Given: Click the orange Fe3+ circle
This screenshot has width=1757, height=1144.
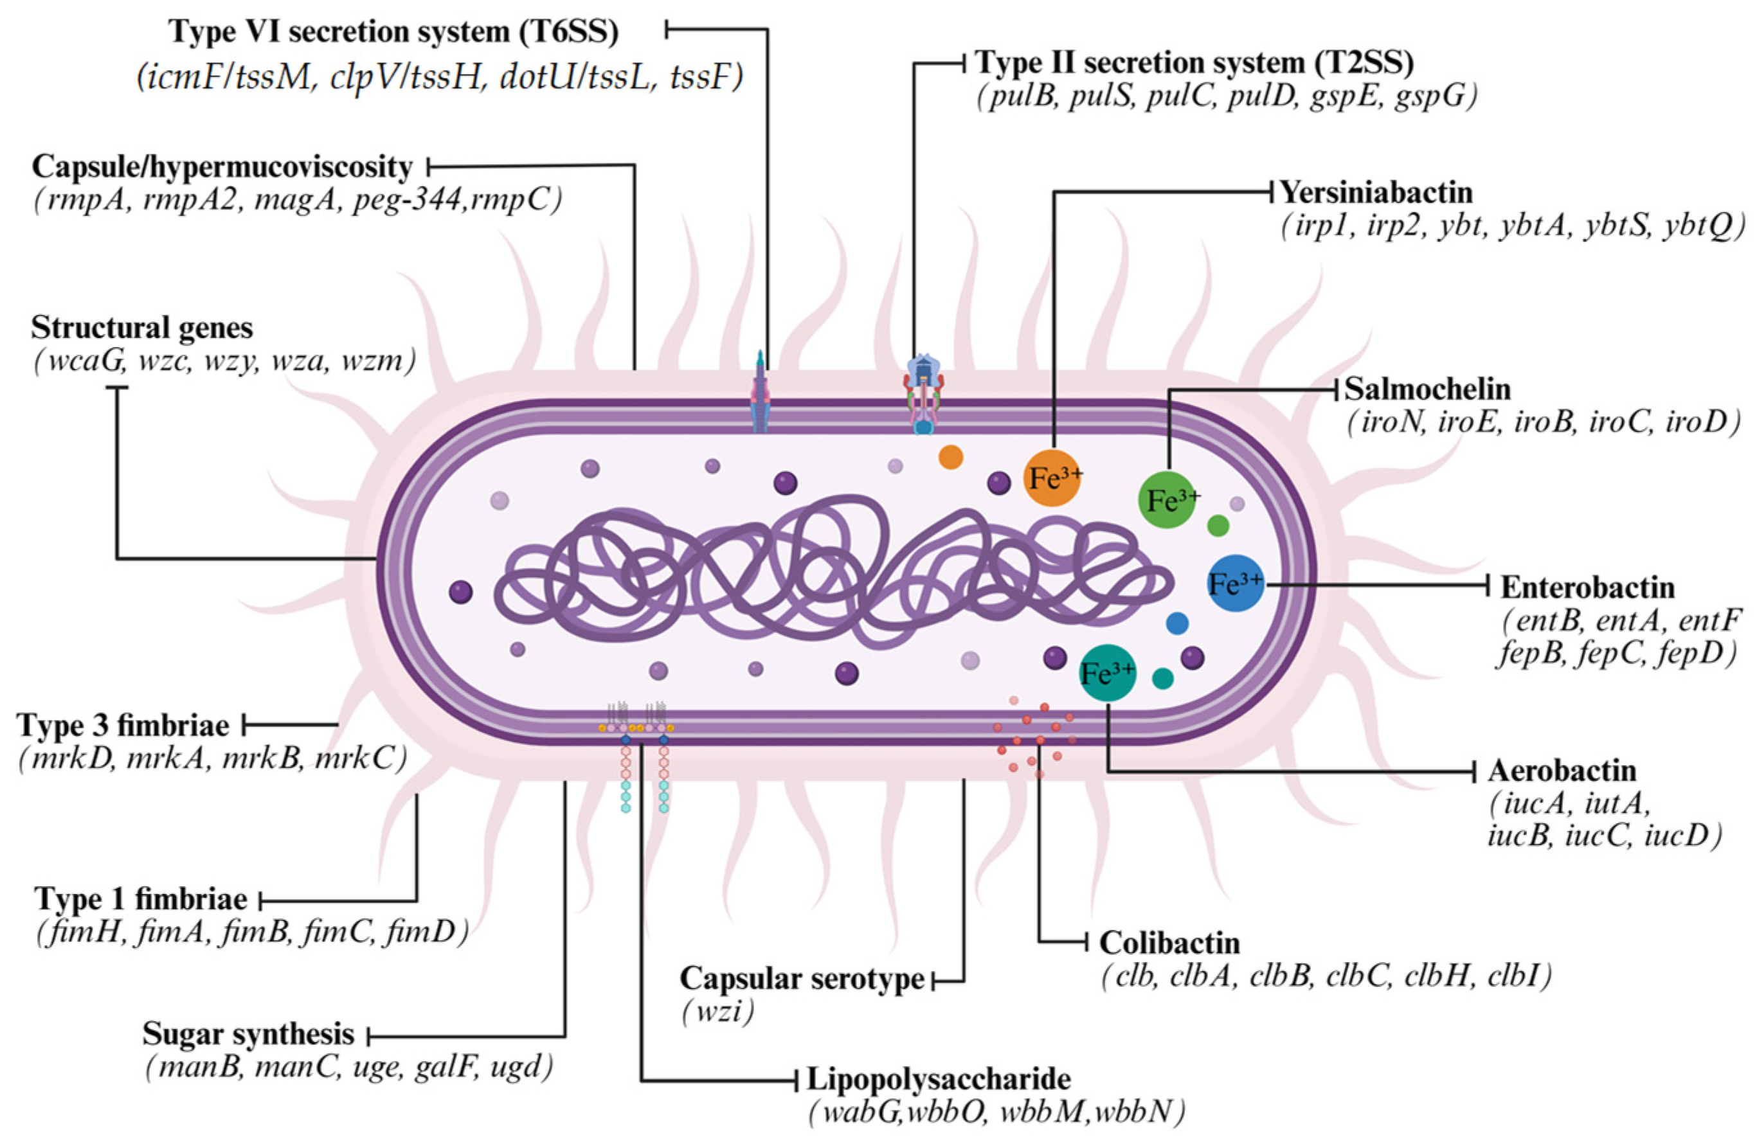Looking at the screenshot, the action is (1054, 478).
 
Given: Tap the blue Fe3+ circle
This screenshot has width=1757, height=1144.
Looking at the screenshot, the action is (1236, 584).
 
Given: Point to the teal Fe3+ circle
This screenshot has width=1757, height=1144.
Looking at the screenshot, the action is (1108, 672).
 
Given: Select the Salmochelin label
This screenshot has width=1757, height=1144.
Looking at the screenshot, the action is (1418, 389).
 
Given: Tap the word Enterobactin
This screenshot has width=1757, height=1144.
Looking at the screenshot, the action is (1588, 587).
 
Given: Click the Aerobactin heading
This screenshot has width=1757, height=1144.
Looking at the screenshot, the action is (1562, 771).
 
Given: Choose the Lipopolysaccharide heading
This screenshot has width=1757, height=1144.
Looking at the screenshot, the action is (939, 1079).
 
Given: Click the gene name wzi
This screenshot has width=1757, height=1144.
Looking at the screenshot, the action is (718, 1011).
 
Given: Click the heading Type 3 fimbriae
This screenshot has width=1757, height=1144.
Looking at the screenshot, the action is (123, 726).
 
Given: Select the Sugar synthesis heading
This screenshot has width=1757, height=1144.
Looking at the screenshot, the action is (248, 1034).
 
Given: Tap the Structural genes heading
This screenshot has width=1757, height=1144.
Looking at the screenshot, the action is (141, 328).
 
